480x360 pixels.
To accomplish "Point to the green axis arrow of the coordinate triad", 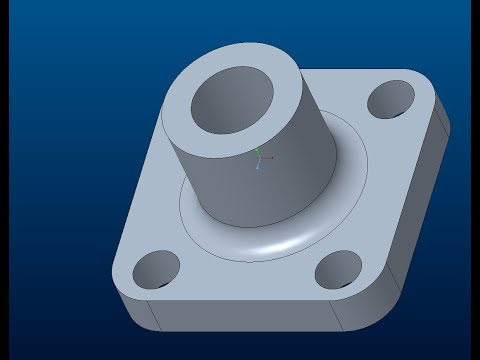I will (258, 151).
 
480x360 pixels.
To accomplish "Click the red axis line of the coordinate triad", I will (267, 157).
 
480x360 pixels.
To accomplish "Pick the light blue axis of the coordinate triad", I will (258, 164).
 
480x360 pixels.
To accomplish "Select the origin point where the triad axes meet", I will (258, 157).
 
